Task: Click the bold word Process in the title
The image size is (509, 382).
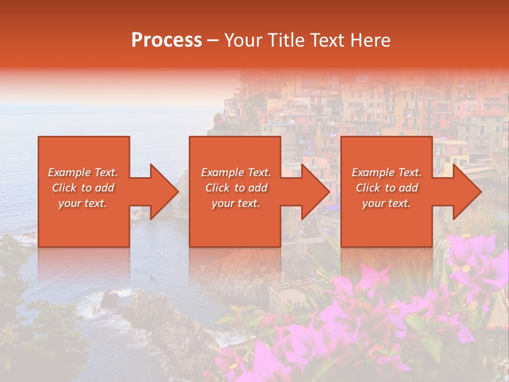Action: [x=166, y=40]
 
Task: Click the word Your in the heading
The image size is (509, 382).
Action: [x=243, y=40]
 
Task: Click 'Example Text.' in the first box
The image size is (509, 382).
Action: [x=83, y=172]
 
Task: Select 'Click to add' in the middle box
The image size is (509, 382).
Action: [x=236, y=188]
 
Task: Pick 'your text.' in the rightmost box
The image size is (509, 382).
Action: [x=387, y=203]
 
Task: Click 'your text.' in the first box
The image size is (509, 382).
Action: [x=83, y=203]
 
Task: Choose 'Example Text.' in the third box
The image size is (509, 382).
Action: [x=387, y=172]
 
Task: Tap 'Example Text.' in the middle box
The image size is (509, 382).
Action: [x=236, y=172]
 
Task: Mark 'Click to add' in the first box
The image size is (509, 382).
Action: [x=83, y=188]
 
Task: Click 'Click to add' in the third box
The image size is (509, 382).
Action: [x=387, y=188]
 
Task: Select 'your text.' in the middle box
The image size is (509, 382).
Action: [x=236, y=203]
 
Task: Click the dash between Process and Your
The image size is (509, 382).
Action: [x=213, y=40]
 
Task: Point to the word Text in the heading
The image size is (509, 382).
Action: [x=329, y=40]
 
